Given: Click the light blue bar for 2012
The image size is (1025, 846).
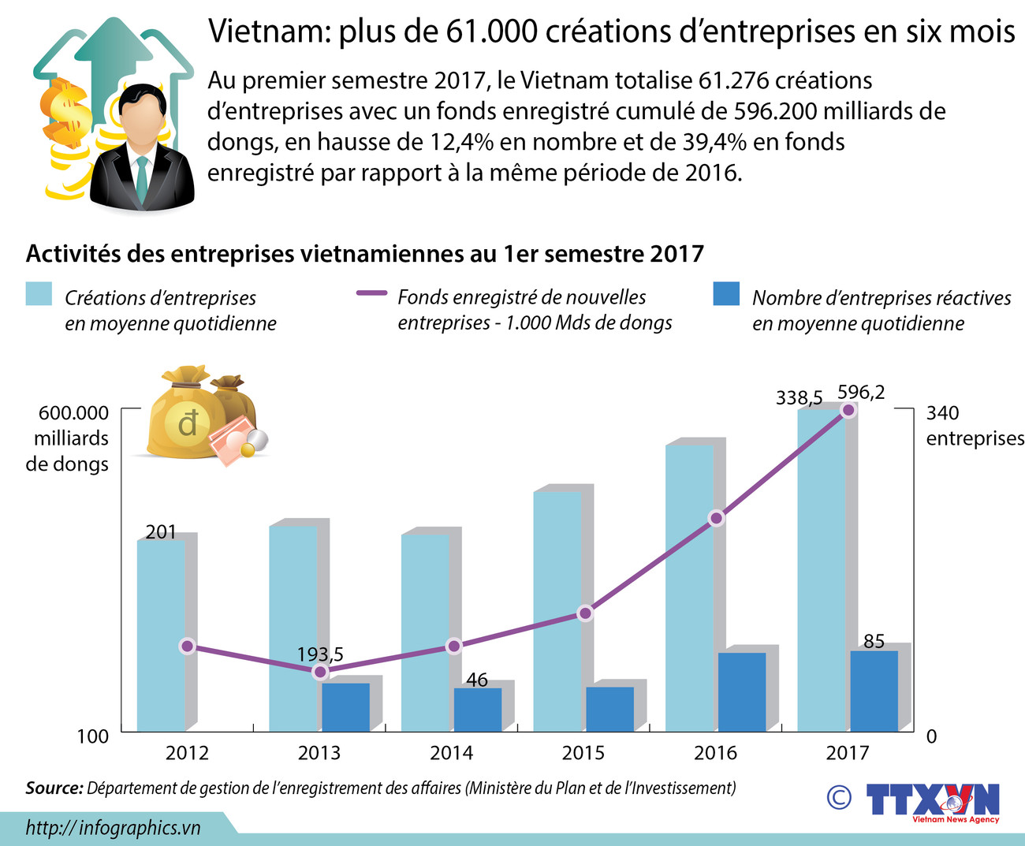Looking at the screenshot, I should point(161,635).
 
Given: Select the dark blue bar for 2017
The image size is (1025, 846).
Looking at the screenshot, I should point(874,691).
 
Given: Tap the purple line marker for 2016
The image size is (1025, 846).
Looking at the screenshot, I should point(716,518).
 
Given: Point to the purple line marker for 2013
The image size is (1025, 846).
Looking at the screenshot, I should point(319,672).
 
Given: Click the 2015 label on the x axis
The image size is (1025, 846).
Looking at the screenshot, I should point(583,753).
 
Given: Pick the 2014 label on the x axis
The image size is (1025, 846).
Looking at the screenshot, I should point(451,753).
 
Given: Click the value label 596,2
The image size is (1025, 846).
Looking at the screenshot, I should point(861,392).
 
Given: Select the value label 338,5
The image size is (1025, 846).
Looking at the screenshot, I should point(799,397).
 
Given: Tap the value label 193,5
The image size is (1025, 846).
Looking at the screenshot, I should point(320,654).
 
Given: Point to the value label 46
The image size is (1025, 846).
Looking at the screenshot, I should point(477,680).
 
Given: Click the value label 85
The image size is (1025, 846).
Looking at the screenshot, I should point(874,641).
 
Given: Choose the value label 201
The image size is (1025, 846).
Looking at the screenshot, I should point(161,532).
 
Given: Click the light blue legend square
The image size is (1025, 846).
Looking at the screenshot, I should point(39,294).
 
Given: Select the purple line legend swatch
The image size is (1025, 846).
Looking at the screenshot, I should point(371,293).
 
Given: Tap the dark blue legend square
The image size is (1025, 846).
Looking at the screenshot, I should point(726,294).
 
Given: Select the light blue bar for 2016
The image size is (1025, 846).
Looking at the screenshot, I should point(689,587).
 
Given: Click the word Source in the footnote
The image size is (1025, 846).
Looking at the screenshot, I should point(54,788).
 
